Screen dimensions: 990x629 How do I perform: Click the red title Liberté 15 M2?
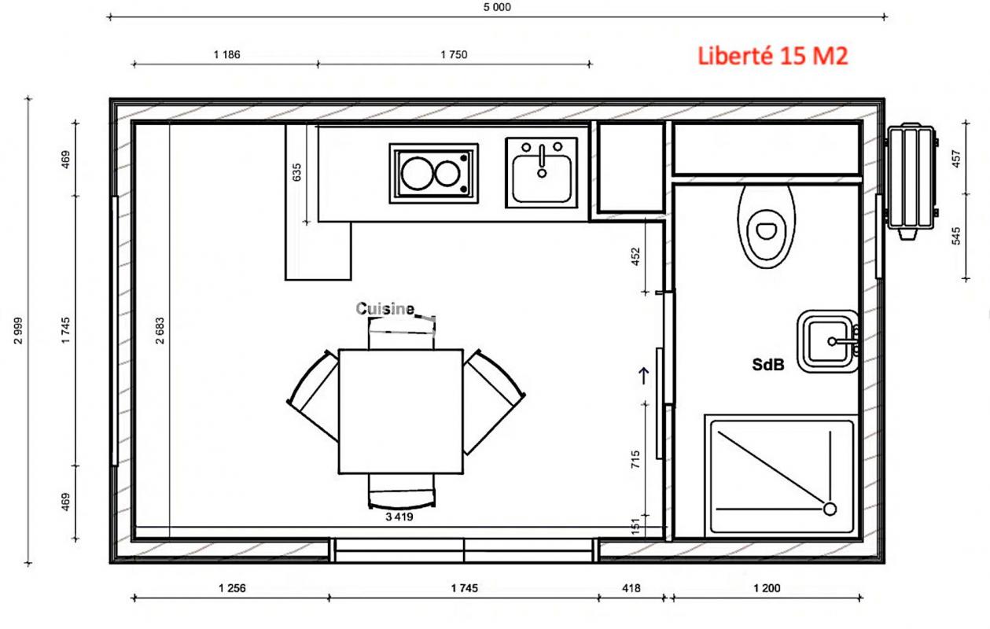[x=772, y=56]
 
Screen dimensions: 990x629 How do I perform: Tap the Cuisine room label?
[x=385, y=308]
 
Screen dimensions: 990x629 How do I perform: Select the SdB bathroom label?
[x=768, y=365]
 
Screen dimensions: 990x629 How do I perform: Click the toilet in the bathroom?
[x=767, y=226]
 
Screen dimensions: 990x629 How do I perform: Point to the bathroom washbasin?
[x=828, y=341]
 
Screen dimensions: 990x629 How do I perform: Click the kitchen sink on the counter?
[x=542, y=172]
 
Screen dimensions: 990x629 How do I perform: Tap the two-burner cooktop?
[x=433, y=173]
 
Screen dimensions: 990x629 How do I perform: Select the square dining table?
[x=401, y=411]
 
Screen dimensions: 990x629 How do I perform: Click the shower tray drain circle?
[x=830, y=509]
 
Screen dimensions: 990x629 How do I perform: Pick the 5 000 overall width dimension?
[x=497, y=7]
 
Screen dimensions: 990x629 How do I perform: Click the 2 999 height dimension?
[x=18, y=330]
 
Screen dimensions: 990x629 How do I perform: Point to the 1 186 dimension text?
[x=226, y=54]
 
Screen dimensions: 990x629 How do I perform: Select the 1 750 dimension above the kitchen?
[x=454, y=54]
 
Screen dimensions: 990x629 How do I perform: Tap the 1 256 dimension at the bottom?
[x=232, y=588]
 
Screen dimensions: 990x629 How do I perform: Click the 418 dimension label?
[x=631, y=588]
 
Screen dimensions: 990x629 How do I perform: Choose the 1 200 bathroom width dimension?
[x=767, y=588]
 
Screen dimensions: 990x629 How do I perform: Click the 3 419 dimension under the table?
[x=399, y=517]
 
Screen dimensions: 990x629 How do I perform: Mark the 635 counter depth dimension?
[x=296, y=172]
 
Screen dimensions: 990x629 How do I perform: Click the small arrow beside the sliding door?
[x=644, y=376]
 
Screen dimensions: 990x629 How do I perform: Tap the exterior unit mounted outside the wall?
[x=911, y=181]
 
